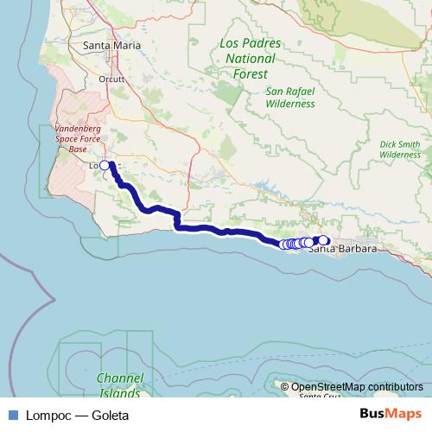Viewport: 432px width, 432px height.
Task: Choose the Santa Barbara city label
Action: point(343,250)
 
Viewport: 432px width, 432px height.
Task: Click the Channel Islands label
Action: point(119,385)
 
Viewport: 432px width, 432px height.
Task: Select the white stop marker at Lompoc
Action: point(105,165)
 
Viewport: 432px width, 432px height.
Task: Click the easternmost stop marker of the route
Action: point(325,239)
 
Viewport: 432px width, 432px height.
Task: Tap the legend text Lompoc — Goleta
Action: point(77,415)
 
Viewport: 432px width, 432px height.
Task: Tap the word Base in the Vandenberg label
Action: point(79,149)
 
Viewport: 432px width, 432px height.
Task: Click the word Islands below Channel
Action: point(119,392)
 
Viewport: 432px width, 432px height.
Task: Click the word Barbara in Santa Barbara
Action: point(357,250)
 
